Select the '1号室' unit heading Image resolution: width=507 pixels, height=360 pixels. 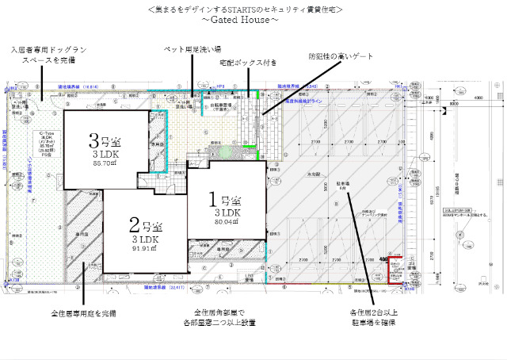pos(227,199)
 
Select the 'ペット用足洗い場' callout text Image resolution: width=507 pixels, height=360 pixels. pos(192,49)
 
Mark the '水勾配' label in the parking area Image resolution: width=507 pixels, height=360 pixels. pos(313,174)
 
